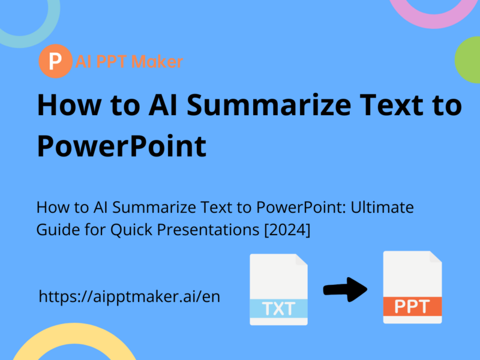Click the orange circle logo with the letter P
[55, 62]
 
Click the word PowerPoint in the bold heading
[122, 146]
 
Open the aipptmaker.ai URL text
[130, 296]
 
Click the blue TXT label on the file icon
[279, 308]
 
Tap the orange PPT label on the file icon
[412, 307]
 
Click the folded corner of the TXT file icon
[300, 262]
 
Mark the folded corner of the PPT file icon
[434, 259]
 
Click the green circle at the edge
[469, 60]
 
